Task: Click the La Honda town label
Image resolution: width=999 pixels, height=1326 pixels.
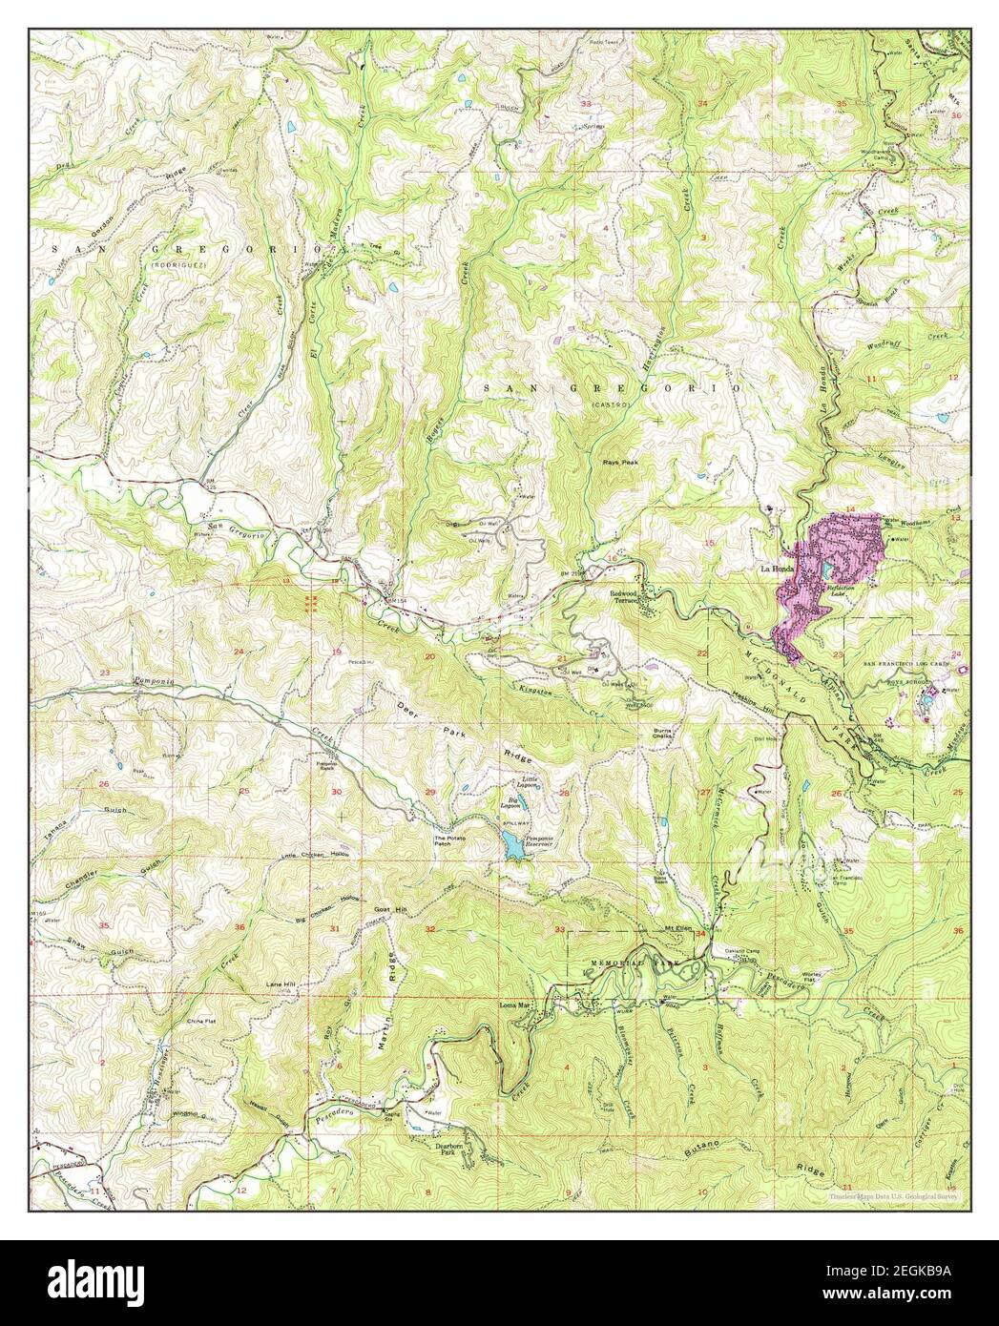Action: point(776,570)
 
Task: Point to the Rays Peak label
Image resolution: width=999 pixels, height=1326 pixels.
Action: point(620,462)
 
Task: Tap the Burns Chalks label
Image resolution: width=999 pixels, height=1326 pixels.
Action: point(664,734)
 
